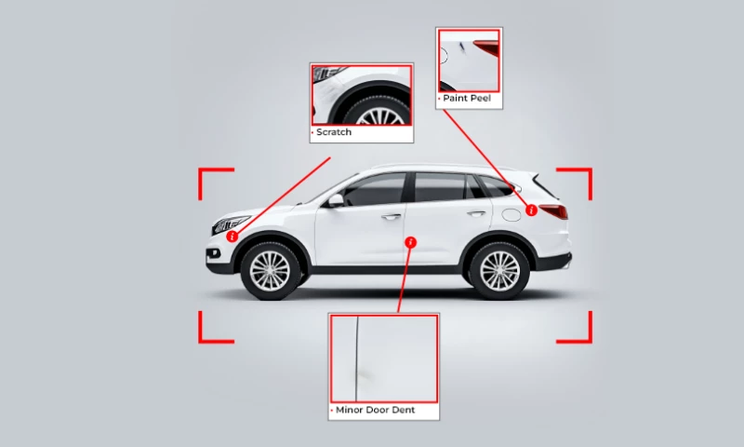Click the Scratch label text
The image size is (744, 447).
[x=334, y=132]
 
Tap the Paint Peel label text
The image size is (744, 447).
[x=466, y=98]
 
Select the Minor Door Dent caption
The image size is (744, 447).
[x=375, y=410]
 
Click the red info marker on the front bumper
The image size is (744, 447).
[x=232, y=237]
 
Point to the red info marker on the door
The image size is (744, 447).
[x=411, y=242]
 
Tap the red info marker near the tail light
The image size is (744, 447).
[x=531, y=210]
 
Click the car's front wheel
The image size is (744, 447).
[x=271, y=270]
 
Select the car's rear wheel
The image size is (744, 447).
[x=499, y=270]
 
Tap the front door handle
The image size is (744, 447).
[x=392, y=217]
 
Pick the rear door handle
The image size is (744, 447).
[x=476, y=213]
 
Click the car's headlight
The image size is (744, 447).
[x=231, y=223]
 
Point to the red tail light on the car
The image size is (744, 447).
[x=554, y=211]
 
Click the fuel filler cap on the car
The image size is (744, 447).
[x=511, y=214]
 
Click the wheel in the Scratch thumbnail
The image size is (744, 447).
[x=380, y=113]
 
